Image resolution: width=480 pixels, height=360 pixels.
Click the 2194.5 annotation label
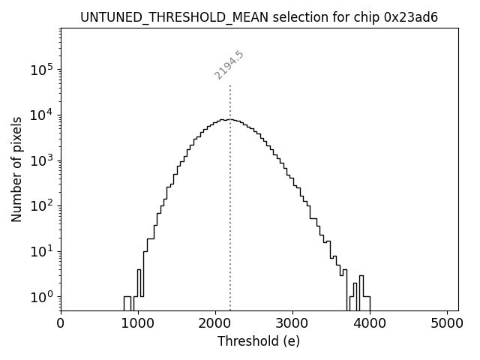pyautogui.click(x=229, y=65)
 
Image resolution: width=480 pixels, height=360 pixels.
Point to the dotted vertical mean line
pyautogui.click(x=230, y=187)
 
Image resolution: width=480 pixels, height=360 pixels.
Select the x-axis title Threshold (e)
pyautogui.click(x=259, y=341)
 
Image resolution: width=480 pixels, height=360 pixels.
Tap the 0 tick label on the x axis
pyautogui.click(x=61, y=323)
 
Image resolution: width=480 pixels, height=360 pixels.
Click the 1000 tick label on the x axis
pyautogui.click(x=138, y=323)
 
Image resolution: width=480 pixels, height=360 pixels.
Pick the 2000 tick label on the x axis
pyautogui.click(x=215, y=323)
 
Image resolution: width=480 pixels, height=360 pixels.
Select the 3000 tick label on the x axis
pyautogui.click(x=292, y=323)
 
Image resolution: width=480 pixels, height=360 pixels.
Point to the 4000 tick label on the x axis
pyautogui.click(x=370, y=323)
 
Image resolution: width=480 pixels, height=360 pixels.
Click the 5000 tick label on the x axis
pyautogui.click(x=447, y=323)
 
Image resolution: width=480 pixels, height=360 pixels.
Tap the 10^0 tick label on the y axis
pyautogui.click(x=42, y=297)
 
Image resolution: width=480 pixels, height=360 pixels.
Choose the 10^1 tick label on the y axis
pyautogui.click(x=42, y=251)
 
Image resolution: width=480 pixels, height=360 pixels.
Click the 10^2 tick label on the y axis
pyautogui.click(x=42, y=205)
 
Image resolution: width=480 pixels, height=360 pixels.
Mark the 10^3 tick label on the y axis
pyautogui.click(x=42, y=160)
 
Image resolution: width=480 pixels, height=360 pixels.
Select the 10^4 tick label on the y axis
pyautogui.click(x=42, y=115)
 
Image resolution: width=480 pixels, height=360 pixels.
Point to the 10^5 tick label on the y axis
pyautogui.click(x=42, y=70)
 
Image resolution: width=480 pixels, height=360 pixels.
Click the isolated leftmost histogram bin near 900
pyautogui.click(x=127, y=303)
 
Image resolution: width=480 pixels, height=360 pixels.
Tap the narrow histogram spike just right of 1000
pyautogui.click(x=139, y=285)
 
